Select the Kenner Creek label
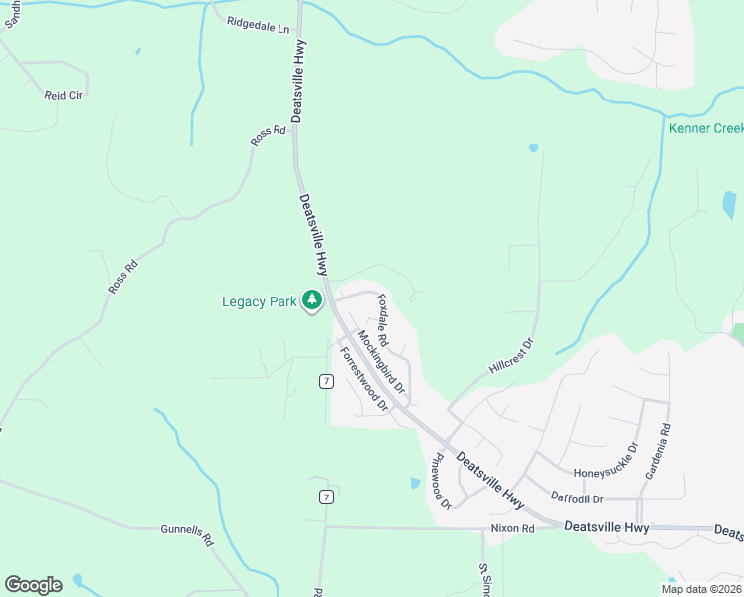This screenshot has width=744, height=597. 706,129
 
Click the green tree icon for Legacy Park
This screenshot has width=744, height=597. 312,299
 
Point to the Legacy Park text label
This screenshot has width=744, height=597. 259,301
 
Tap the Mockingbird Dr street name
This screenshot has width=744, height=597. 381,361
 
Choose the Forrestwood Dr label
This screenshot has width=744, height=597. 363,379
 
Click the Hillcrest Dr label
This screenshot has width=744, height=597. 512,355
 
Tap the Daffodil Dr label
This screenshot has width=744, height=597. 579,496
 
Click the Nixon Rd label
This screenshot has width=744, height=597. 512,528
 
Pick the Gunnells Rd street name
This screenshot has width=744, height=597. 187,536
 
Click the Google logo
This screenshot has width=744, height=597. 33,585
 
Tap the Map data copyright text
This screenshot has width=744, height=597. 700,589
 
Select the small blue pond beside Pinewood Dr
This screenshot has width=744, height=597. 415,484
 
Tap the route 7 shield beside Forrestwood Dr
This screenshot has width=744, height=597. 325,381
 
